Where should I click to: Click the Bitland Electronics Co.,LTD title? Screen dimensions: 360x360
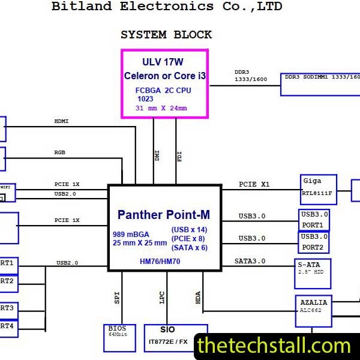click(167, 7)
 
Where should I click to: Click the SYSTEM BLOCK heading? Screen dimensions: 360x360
click(166, 35)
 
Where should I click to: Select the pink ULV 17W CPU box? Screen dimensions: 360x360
click(165, 84)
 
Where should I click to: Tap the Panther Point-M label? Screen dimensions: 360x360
click(164, 214)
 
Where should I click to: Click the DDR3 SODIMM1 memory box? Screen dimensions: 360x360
click(320, 84)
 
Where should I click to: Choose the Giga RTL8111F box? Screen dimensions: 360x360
click(318, 189)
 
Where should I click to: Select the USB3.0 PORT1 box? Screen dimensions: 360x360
click(314, 220)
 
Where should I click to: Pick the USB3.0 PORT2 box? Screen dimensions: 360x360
click(314, 242)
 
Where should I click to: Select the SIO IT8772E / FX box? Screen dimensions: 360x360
click(175, 338)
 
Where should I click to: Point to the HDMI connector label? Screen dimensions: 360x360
click(62, 121)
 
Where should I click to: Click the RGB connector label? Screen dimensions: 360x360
click(60, 152)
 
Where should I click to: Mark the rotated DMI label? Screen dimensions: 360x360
click(157, 156)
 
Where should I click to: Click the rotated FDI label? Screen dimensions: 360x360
click(179, 156)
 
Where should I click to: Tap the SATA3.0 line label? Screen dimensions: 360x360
click(250, 262)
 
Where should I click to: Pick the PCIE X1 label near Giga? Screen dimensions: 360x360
click(254, 184)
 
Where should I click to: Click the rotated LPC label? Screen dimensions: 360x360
click(162, 298)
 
